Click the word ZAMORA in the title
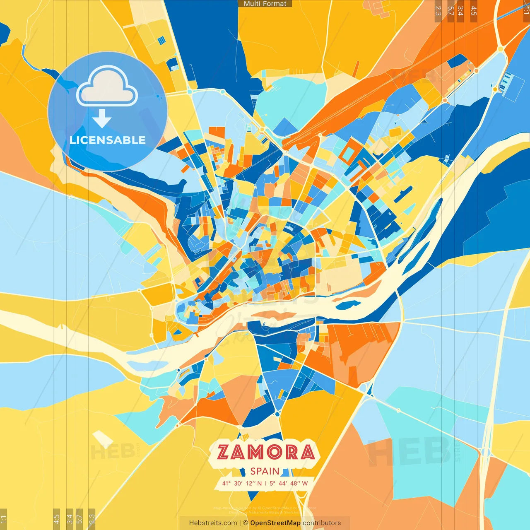(265, 452)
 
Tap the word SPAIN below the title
(265, 471)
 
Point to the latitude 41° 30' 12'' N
(242, 483)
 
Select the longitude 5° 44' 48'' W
(289, 483)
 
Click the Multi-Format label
(265, 4)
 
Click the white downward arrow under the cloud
(102, 119)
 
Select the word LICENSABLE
(108, 140)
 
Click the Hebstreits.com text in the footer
(213, 523)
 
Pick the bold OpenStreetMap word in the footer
(275, 523)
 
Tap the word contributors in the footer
(322, 523)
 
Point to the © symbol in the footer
(246, 523)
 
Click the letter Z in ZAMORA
(224, 453)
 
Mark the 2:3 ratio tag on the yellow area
(92, 518)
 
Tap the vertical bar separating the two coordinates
(265, 483)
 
